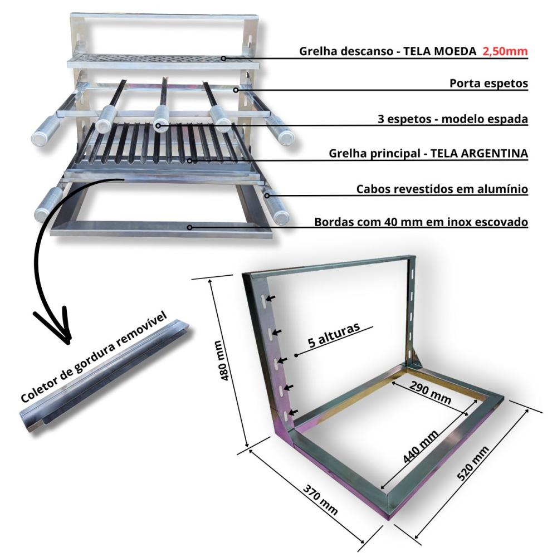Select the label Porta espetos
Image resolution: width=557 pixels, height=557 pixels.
(488, 84)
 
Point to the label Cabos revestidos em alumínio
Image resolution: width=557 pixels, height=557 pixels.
(442, 189)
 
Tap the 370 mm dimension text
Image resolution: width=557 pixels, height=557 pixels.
(321, 500)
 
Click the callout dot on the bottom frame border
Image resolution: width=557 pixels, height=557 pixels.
(190, 227)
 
